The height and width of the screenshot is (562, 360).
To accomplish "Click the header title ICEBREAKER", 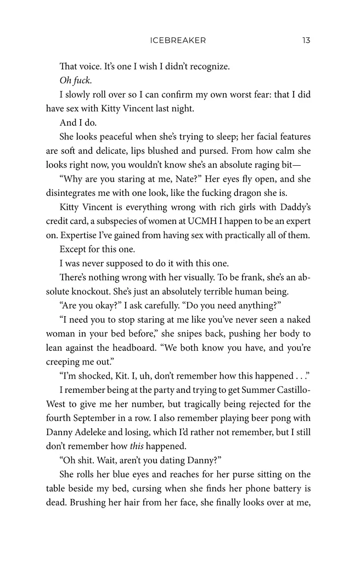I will click(x=177, y=40).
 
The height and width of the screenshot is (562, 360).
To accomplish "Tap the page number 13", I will click(x=306, y=40).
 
